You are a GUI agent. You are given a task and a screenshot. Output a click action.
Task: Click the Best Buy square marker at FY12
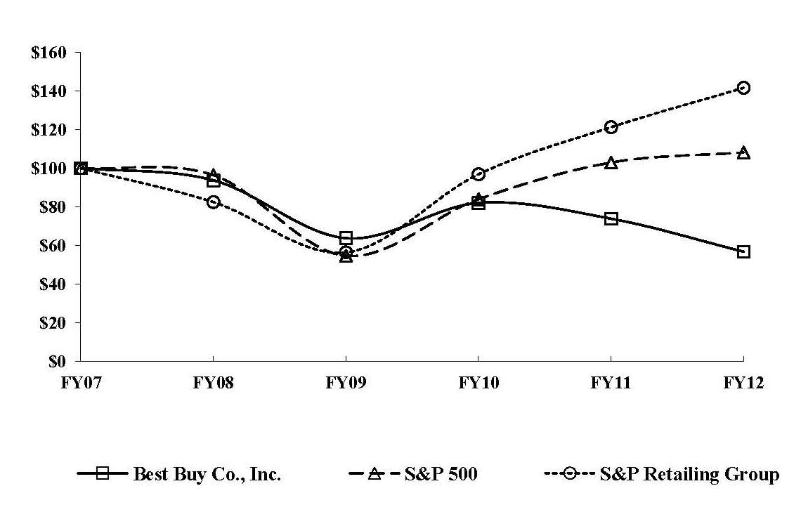pyautogui.click(x=743, y=251)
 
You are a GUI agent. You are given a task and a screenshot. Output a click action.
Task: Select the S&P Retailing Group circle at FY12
pyautogui.click(x=743, y=88)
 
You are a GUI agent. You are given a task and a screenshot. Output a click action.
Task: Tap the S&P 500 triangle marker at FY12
pyautogui.click(x=743, y=152)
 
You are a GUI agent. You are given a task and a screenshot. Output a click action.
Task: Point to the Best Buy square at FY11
pyautogui.click(x=611, y=218)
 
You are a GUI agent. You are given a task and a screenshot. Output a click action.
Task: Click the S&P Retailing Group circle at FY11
pyautogui.click(x=611, y=127)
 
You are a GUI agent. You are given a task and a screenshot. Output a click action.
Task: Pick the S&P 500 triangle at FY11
pyautogui.click(x=611, y=162)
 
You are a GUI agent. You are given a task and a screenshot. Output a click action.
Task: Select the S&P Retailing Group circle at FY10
pyautogui.click(x=478, y=174)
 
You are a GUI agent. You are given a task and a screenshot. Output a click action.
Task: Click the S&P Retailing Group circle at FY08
pyautogui.click(x=213, y=202)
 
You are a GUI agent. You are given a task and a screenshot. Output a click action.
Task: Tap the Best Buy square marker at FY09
pyautogui.click(x=346, y=238)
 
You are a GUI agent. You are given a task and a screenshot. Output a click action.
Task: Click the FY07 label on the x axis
pyautogui.click(x=80, y=383)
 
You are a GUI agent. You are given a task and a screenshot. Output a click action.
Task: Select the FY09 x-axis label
pyautogui.click(x=346, y=383)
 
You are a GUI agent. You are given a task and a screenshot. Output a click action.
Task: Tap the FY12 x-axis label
pyautogui.click(x=743, y=383)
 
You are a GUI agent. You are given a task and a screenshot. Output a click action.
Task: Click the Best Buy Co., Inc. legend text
pyautogui.click(x=207, y=474)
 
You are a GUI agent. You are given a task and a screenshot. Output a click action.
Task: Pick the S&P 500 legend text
pyautogui.click(x=441, y=474)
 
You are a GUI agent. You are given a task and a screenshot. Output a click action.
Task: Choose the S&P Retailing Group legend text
pyautogui.click(x=689, y=474)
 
